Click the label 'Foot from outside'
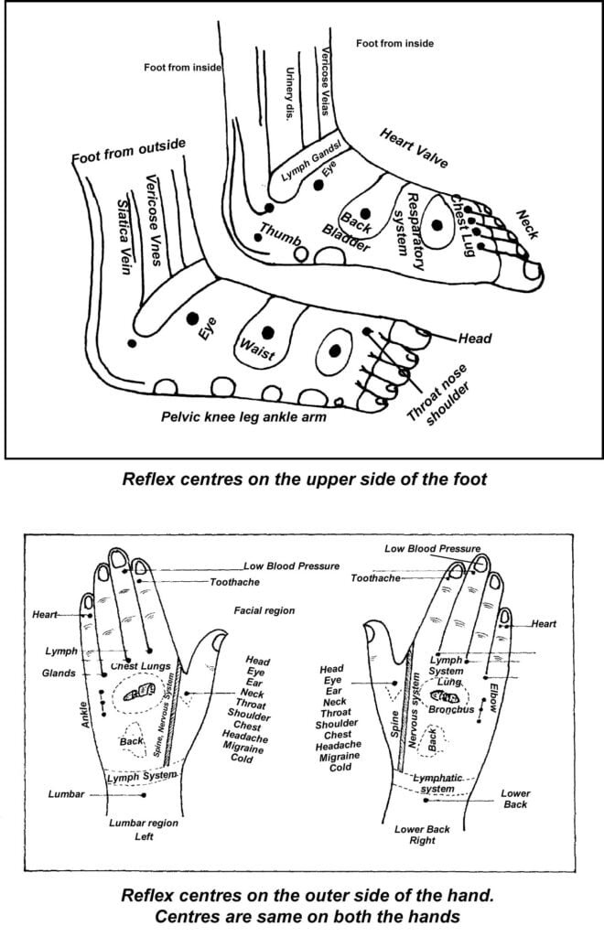click(x=129, y=152)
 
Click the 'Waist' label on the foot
click(x=256, y=353)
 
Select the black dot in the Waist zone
click(x=267, y=332)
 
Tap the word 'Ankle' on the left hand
click(x=84, y=716)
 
